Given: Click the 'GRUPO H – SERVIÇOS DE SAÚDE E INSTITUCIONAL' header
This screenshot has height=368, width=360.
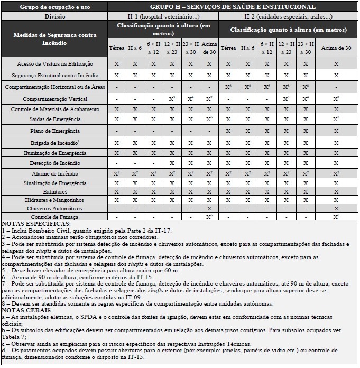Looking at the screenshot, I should click(232, 7).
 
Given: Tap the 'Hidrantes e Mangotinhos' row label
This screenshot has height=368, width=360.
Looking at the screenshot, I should click(55, 200).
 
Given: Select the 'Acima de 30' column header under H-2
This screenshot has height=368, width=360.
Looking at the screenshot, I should click(336, 48).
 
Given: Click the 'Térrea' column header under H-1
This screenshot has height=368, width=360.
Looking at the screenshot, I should click(116, 48).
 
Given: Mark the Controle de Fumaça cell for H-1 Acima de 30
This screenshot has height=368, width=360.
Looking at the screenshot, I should click(209, 217).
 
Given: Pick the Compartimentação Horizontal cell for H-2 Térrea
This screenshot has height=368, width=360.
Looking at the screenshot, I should click(228, 87).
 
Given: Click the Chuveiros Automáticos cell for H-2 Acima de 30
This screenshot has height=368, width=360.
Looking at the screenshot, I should click(336, 209).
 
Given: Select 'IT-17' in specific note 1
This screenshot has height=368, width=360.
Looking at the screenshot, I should click(164, 231).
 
